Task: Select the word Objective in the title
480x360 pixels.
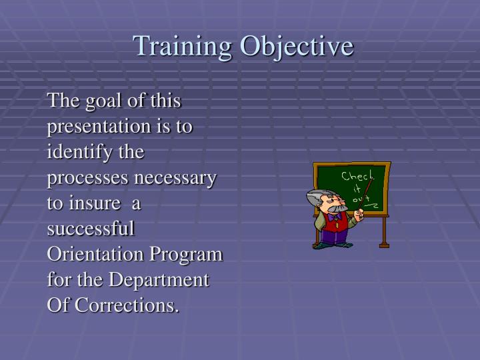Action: pos(297,46)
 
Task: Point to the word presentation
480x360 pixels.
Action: pos(103,127)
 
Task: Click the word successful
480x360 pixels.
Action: pos(91,229)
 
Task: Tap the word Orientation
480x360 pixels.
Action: pos(97,254)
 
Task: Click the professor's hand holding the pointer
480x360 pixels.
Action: pos(359,215)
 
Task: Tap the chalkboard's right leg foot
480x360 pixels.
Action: pos(383,245)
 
